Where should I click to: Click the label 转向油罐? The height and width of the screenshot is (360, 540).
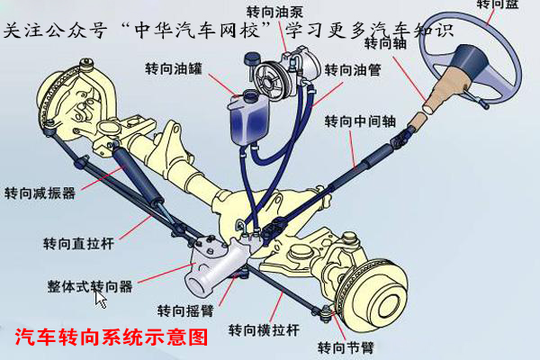pos(173,68)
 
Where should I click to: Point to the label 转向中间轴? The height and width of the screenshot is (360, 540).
pos(360,121)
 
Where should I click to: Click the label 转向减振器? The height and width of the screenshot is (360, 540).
pos(40,193)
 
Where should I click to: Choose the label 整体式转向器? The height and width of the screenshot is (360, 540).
pos(90,286)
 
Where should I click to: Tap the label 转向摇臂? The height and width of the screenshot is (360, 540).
pos(185,310)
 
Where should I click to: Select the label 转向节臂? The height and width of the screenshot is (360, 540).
pos(346,347)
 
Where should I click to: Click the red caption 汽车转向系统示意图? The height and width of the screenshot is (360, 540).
pos(112,338)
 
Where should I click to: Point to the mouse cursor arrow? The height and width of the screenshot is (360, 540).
pos(101,298)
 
